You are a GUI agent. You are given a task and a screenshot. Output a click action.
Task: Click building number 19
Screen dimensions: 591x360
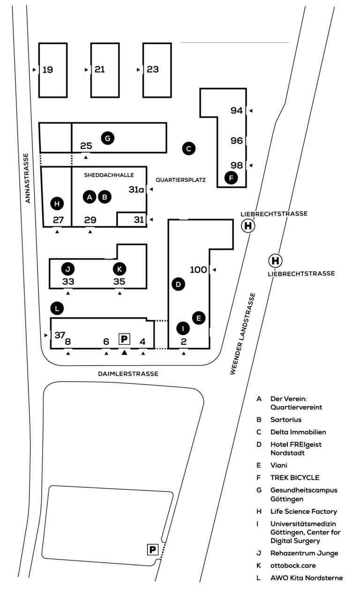point(48,70)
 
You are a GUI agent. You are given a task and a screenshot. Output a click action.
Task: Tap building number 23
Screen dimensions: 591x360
point(153,69)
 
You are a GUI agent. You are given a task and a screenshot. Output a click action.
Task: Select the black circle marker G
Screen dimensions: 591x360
point(107,138)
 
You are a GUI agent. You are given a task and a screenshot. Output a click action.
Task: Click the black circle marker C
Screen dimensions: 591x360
point(188,149)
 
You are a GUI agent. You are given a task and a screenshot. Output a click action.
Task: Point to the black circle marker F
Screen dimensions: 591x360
point(231,178)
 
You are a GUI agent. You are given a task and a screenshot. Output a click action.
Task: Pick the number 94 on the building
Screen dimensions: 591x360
point(237,111)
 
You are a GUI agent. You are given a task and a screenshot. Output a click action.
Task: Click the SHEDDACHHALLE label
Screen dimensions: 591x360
point(109,175)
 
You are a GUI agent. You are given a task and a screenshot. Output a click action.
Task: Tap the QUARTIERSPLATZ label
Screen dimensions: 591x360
point(180,180)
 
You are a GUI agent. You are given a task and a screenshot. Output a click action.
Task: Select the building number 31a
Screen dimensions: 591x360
point(136,189)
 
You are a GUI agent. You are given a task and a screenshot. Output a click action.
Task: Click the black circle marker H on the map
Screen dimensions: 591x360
point(57,204)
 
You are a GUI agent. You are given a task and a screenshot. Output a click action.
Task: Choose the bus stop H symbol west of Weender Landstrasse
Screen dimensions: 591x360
point(248,226)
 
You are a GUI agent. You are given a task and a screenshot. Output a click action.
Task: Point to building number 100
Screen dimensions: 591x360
point(198,270)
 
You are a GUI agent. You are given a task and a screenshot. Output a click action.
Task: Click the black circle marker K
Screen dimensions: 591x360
point(120,269)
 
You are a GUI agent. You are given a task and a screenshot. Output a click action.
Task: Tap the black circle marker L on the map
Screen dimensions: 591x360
point(57,309)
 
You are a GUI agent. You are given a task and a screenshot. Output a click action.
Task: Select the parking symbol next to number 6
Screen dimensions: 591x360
point(124,339)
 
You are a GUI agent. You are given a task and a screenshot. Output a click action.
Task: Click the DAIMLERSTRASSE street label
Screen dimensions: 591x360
point(128,374)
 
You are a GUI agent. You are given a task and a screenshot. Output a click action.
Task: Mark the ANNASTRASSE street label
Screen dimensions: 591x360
point(28,178)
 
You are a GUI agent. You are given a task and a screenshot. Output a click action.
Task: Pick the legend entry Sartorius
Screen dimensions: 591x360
point(286,420)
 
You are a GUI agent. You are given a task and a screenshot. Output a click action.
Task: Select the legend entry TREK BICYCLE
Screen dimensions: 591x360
point(295,477)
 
